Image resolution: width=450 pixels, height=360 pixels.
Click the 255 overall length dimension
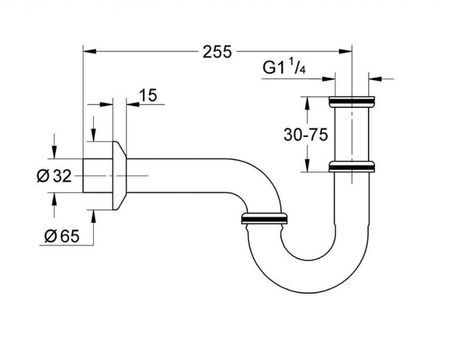pyautogui.click(x=217, y=52)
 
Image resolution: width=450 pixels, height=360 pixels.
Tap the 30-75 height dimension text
pyautogui.click(x=305, y=134)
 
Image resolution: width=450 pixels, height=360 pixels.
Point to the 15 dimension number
pyautogui.click(x=148, y=95)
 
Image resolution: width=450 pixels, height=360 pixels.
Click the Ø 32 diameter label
pyautogui.click(x=54, y=176)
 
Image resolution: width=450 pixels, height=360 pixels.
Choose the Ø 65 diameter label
pyautogui.click(x=62, y=236)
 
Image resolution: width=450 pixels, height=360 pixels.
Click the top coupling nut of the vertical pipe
pyautogui.click(x=352, y=102)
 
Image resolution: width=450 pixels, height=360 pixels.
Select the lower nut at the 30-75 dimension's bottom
pyautogui.click(x=352, y=166)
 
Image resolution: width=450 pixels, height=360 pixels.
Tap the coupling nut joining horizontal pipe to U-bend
pyautogui.click(x=264, y=218)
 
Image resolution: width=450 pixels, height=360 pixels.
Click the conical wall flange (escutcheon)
pyautogui.click(x=120, y=176)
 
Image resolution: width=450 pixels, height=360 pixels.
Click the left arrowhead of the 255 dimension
pyautogui.click(x=89, y=51)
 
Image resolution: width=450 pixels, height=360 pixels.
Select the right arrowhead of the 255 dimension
pyautogui.click(x=345, y=51)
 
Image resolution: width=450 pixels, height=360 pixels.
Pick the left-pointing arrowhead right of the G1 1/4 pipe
pyautogui.click(x=375, y=78)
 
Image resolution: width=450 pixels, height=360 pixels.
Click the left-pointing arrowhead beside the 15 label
pyautogui.click(x=133, y=104)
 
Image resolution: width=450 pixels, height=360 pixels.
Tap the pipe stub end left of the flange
pyautogui.click(x=98, y=176)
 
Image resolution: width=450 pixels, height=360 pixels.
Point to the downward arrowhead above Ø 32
pyautogui.click(x=54, y=152)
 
